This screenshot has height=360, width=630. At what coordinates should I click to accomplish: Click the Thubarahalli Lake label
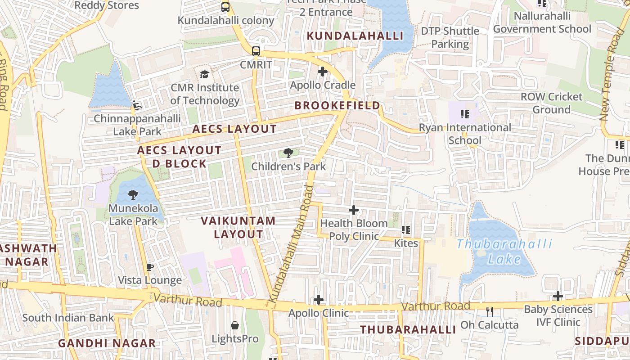click(x=504, y=251)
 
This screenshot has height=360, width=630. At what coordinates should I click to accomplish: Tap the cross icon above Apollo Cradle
click(x=322, y=72)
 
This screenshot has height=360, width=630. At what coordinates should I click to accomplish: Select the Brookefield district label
click(x=337, y=105)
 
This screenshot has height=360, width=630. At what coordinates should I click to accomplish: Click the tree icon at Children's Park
click(x=288, y=153)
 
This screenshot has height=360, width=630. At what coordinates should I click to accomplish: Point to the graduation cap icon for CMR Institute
click(x=204, y=74)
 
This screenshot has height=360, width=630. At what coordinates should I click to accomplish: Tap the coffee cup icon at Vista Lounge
click(x=150, y=267)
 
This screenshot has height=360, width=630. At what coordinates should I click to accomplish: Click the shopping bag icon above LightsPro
click(x=234, y=325)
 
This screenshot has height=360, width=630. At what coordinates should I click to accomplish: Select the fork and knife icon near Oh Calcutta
click(x=490, y=311)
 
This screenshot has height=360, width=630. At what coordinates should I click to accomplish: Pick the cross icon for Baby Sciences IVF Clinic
click(x=558, y=296)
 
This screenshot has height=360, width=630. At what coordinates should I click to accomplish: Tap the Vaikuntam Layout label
click(x=238, y=227)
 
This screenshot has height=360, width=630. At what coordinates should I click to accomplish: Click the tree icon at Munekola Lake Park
click(x=133, y=195)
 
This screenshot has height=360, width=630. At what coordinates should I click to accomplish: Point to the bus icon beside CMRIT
click(x=256, y=51)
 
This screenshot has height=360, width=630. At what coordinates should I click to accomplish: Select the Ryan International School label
click(x=465, y=134)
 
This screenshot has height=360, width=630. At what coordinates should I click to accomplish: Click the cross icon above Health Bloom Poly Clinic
click(x=354, y=210)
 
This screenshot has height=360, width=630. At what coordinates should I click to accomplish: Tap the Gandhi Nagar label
click(x=107, y=343)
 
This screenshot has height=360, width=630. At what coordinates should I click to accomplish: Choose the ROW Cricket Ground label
click(x=551, y=103)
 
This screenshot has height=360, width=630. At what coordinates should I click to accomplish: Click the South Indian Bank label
click(x=68, y=318)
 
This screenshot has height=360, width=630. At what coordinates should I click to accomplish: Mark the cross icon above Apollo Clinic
click(x=319, y=300)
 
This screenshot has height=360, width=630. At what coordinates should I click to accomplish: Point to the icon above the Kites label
click(x=406, y=230)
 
